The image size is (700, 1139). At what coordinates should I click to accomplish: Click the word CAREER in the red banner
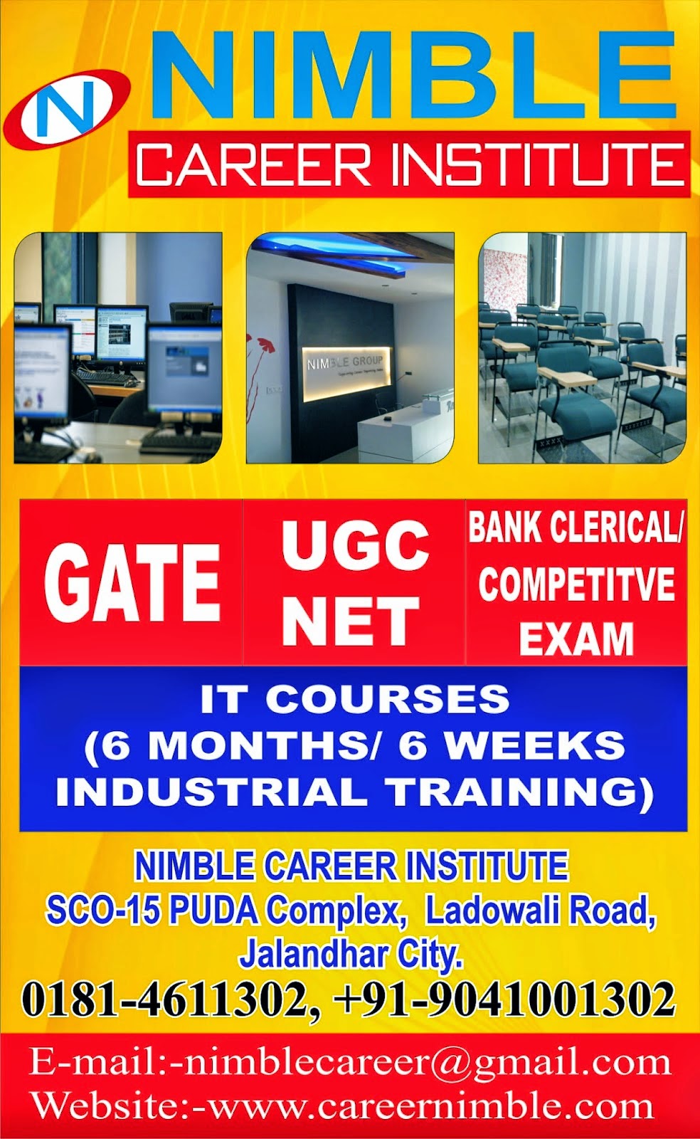tap(253, 164)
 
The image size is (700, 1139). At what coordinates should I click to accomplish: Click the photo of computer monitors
tap(118, 348)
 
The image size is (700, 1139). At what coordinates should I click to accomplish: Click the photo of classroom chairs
tap(582, 348)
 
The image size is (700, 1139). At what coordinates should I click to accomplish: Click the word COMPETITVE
tap(576, 584)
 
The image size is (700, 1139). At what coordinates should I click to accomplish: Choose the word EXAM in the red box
tap(576, 639)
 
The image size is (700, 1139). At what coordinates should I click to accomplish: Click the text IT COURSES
tap(354, 699)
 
